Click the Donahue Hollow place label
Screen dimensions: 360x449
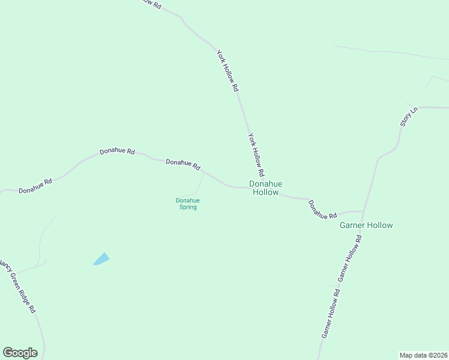coord(265,188)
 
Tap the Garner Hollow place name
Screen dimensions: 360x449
coord(366,226)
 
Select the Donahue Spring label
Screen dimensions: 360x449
coord(187,203)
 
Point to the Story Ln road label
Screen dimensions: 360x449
coord(409,116)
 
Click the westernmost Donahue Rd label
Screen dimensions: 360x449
coord(35,185)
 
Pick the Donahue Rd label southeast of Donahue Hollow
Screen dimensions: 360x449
coord(322,209)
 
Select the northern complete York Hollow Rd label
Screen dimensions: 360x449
coord(228,70)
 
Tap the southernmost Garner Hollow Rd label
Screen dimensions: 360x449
coord(331,314)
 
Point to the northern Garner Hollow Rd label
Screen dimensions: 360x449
coord(351,258)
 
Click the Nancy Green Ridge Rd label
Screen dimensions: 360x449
coord(19,286)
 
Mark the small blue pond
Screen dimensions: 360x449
coord(101,259)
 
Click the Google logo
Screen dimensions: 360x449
coord(20,353)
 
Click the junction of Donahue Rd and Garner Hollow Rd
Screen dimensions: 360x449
coord(364,212)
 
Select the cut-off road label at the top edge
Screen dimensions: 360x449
coord(151,3)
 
